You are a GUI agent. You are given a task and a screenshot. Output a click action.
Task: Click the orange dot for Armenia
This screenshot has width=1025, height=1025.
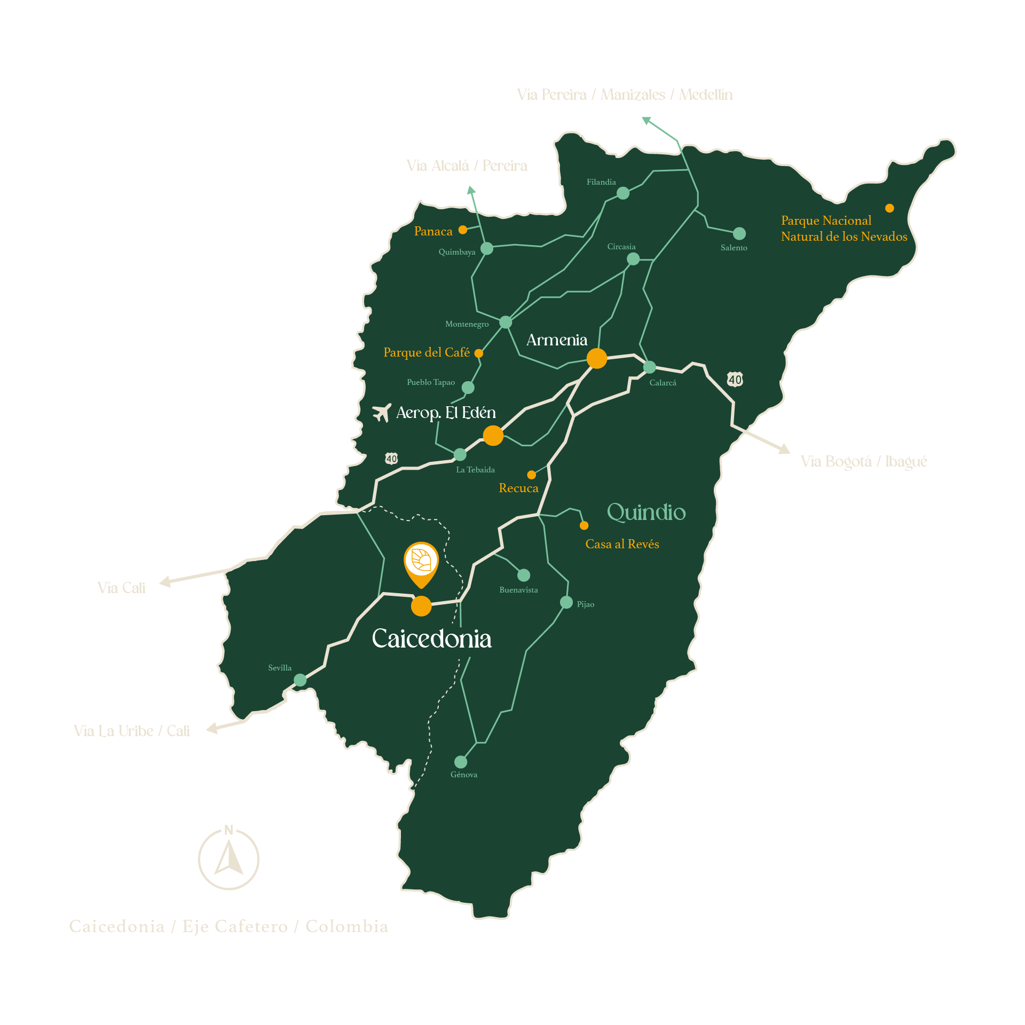[596, 358]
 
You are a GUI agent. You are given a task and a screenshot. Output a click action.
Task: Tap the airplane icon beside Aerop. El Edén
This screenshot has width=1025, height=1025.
[382, 412]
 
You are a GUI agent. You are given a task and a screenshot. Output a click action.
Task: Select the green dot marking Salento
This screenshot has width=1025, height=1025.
[739, 233]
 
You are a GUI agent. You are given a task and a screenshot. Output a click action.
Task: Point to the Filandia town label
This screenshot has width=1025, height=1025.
[601, 182]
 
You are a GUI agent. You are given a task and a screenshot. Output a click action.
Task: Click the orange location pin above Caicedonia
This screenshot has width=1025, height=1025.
[421, 562]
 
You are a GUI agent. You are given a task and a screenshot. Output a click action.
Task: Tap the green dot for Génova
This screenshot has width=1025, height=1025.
[461, 762]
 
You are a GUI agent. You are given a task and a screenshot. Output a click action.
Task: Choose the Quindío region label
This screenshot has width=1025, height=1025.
[646, 512]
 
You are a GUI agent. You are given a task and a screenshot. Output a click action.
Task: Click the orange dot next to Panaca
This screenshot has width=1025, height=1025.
[463, 230]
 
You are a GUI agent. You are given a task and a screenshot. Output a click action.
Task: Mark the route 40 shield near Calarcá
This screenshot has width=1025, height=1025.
[735, 380]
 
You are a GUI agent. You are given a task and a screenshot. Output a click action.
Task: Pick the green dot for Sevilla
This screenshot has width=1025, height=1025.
[300, 680]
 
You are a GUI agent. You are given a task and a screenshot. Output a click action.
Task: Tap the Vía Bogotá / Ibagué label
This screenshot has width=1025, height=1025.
[864, 461]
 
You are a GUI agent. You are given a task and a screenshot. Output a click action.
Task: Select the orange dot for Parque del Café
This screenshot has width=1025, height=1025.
[479, 353]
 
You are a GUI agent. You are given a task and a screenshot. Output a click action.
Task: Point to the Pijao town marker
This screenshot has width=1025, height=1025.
[566, 602]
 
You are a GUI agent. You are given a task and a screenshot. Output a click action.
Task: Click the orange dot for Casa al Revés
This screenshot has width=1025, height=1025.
[584, 525]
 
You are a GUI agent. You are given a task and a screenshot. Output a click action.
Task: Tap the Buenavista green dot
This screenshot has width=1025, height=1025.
[524, 575]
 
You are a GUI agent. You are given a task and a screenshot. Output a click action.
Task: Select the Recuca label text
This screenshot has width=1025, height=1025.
[518, 488]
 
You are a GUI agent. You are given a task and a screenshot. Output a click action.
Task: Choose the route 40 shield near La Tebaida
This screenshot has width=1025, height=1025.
[391, 459]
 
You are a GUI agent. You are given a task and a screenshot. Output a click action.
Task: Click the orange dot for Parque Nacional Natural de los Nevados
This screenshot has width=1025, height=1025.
[889, 208]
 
